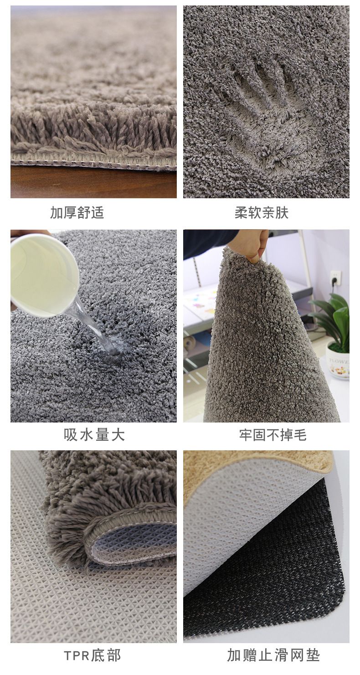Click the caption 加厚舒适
77,212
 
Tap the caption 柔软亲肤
262,212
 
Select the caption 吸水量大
94,435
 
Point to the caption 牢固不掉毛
273,435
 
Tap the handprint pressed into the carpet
259,112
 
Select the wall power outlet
334,276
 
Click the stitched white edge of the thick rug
93,163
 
